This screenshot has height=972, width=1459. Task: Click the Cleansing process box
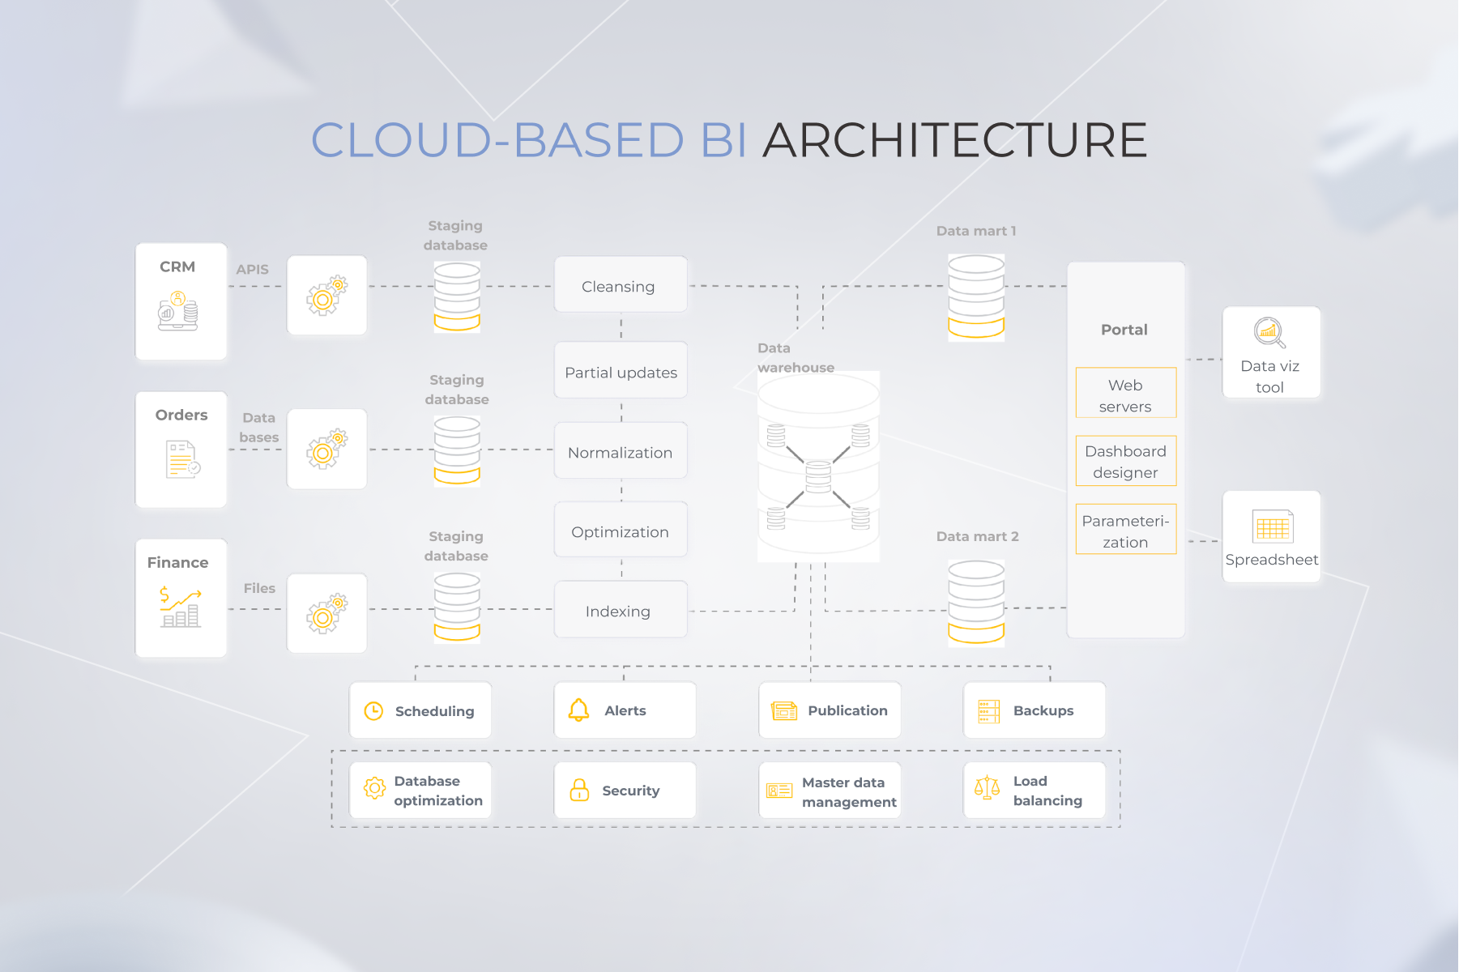pos(621,285)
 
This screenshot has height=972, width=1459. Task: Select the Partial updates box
pos(621,371)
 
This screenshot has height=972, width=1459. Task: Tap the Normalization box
pos(621,451)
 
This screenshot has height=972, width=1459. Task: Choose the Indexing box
pos(621,610)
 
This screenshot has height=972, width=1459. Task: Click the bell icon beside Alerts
pos(578,710)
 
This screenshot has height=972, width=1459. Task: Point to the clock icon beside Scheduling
pos(373,711)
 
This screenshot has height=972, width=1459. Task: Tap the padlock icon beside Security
pos(579,790)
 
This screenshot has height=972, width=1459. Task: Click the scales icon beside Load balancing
pos(987,787)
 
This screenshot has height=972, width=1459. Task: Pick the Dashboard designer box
pos(1125,461)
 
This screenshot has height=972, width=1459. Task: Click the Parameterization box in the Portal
pos(1125,530)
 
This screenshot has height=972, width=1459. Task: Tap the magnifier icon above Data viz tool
pos(1269,332)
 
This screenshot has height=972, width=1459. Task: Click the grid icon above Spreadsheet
pos(1272,527)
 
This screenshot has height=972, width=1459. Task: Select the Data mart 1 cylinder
pos(976,296)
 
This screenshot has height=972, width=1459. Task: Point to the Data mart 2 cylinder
pos(976,602)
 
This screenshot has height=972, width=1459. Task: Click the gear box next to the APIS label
pos(327,296)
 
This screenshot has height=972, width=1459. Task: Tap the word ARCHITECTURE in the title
pos(954,140)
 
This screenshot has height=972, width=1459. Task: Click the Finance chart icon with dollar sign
pos(180,607)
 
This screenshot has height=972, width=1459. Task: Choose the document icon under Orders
pos(182,459)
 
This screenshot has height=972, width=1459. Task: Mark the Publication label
pos(847,710)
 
